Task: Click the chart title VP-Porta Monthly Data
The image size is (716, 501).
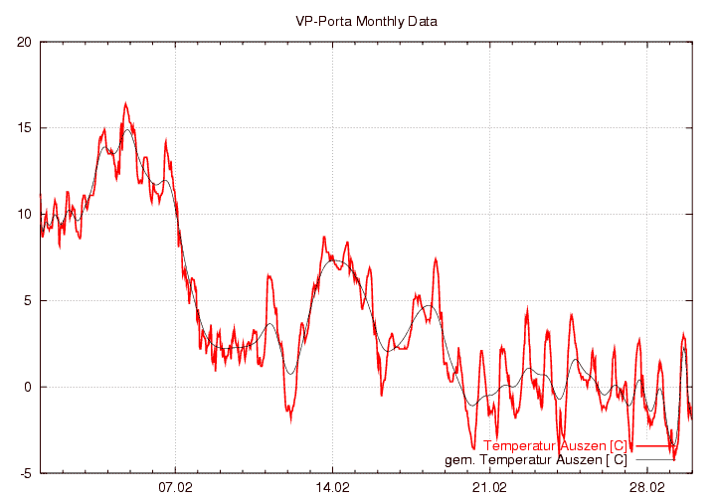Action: (366, 21)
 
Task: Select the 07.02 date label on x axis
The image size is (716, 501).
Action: (175, 488)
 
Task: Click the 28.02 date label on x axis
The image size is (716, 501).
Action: (646, 488)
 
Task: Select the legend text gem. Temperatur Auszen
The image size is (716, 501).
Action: (535, 459)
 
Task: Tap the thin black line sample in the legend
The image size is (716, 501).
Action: (657, 460)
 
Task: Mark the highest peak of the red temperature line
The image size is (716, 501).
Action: (125, 102)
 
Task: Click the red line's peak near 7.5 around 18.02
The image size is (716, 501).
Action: (436, 258)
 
